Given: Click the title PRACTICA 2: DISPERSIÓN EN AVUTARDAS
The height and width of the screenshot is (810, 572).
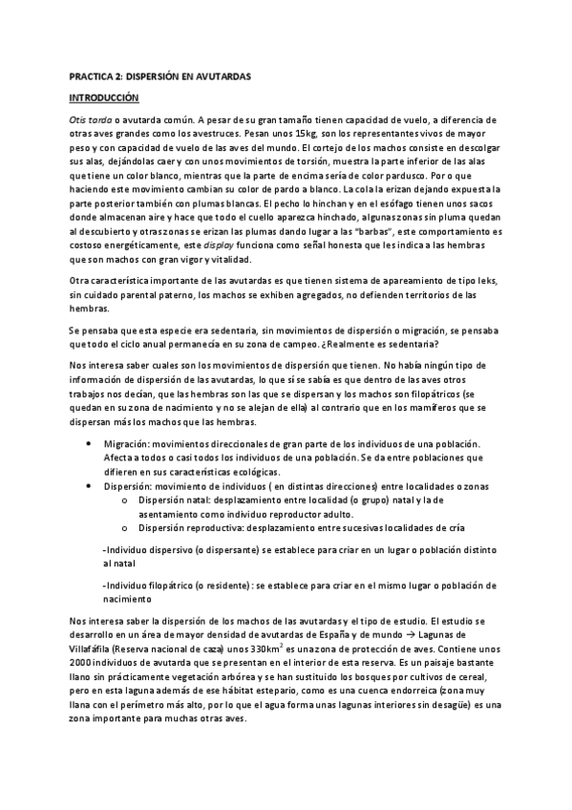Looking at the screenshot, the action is coord(160,76).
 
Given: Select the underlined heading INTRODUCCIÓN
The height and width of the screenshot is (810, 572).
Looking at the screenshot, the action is coord(105,97).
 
